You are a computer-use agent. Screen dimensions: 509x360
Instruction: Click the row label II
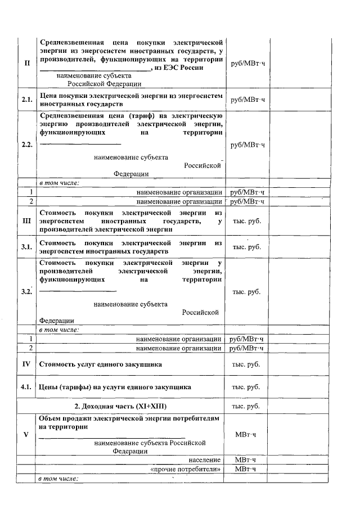26,62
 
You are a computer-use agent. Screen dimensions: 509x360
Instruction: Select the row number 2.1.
26,100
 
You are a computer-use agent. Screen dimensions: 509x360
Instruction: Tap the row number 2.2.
26,145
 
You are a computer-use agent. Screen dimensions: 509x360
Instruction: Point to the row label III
26,220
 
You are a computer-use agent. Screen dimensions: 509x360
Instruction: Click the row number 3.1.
26,246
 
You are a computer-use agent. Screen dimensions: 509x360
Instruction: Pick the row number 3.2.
26,291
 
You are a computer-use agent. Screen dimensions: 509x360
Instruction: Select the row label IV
26,364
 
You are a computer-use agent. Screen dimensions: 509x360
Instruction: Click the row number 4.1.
26,387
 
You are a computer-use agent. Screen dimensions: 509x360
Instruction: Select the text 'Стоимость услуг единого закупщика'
101,364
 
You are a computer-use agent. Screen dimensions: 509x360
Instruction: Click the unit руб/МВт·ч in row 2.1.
247,100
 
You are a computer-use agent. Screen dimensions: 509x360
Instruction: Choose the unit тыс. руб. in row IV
246,364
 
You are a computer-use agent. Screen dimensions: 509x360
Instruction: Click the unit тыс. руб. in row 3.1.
246,246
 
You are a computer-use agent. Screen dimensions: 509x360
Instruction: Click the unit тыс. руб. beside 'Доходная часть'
246,406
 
